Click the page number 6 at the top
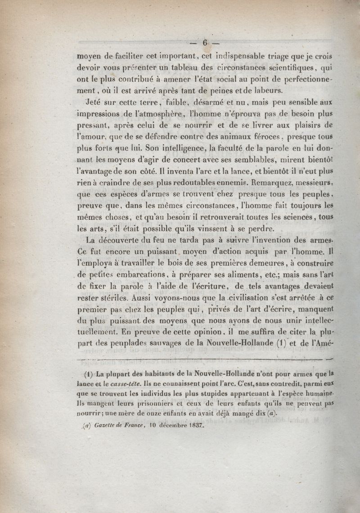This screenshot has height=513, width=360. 206,43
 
